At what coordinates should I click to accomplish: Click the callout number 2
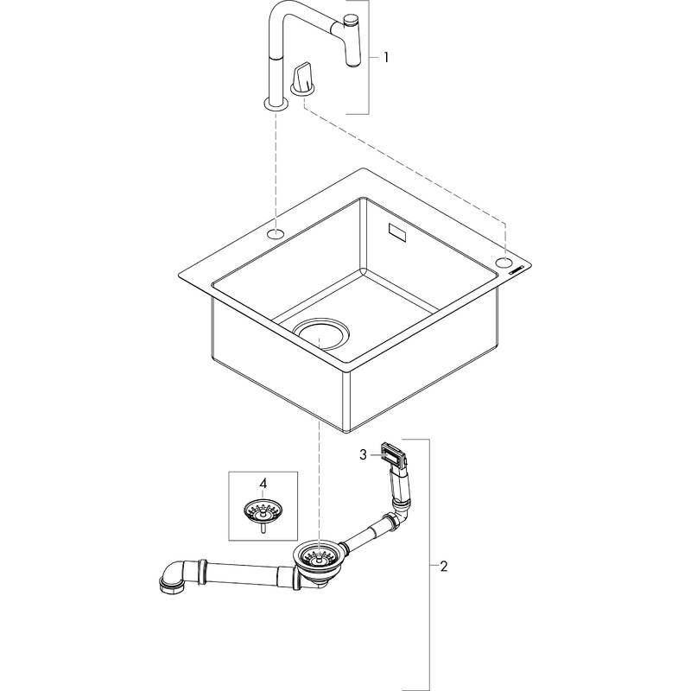pos(443,567)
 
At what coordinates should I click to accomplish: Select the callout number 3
pos(365,453)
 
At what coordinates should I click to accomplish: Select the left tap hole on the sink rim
pos(276,233)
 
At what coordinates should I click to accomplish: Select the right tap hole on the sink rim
pos(504,262)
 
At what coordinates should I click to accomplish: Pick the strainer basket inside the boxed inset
pos(263,512)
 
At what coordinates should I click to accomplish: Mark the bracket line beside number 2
pos(429,561)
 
